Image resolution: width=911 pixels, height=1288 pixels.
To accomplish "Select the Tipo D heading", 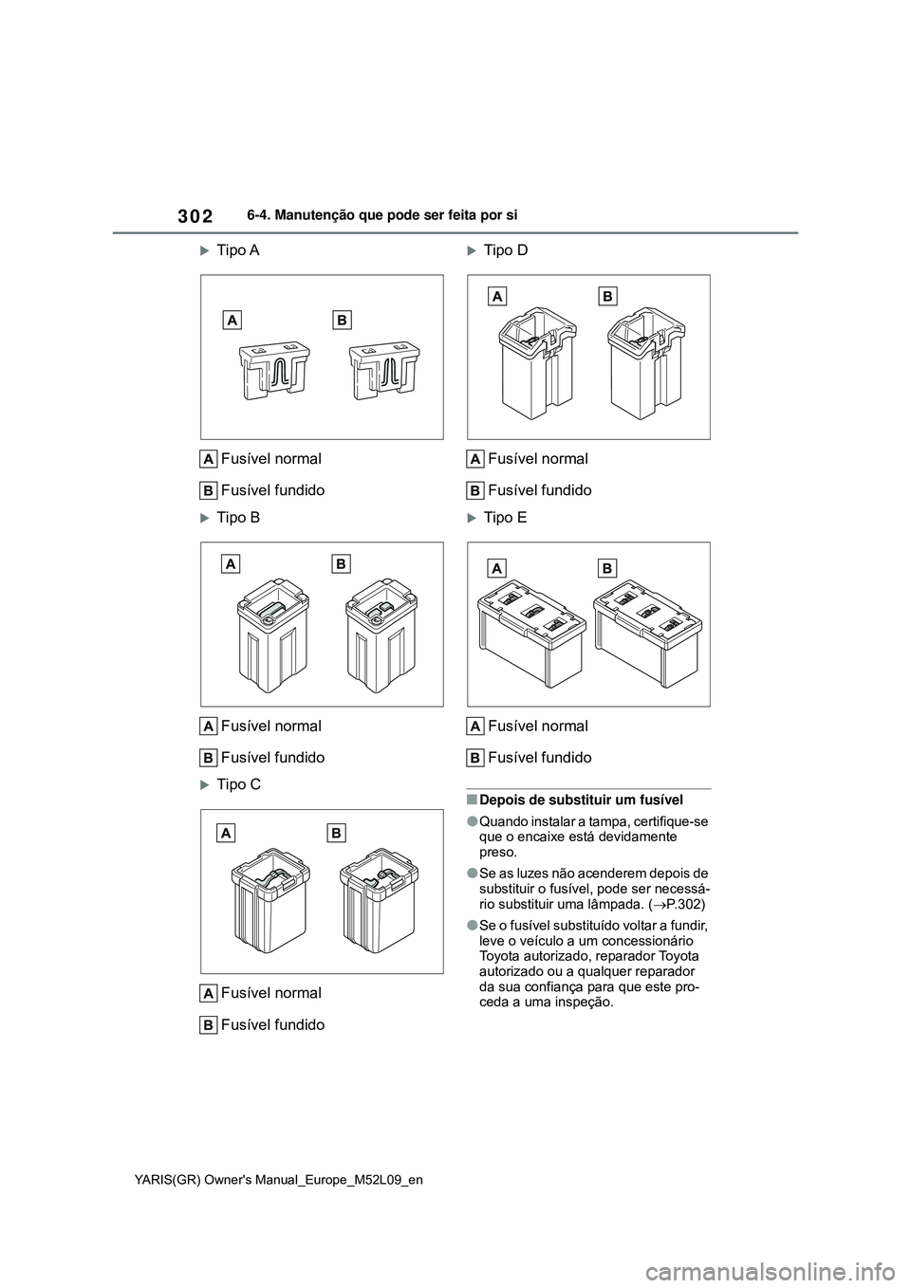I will (x=505, y=250).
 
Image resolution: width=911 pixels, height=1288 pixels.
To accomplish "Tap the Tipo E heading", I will (x=505, y=518).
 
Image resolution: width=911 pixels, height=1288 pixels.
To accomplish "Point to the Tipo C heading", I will (x=238, y=785).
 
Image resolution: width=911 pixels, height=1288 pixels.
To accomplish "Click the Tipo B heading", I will (x=237, y=518).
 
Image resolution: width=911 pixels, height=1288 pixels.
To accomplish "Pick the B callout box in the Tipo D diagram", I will (x=608, y=297).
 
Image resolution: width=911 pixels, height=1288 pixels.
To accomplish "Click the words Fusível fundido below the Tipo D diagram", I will (x=539, y=490).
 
